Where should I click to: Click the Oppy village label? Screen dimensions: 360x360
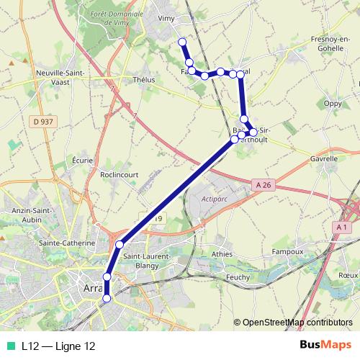pyautogui.click(x=333, y=103)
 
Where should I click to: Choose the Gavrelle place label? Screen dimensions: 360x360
pyautogui.click(x=323, y=158)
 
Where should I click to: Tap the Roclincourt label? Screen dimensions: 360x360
pyautogui.click(x=119, y=174)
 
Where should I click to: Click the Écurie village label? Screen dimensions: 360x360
pyautogui.click(x=82, y=160)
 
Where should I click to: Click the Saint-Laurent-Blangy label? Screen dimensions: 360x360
pyautogui.click(x=147, y=261)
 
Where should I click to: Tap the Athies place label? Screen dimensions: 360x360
pyautogui.click(x=222, y=253)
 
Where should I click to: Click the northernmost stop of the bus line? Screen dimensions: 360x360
pyautogui.click(x=183, y=42)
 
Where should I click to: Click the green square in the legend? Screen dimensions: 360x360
pyautogui.click(x=12, y=346)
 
